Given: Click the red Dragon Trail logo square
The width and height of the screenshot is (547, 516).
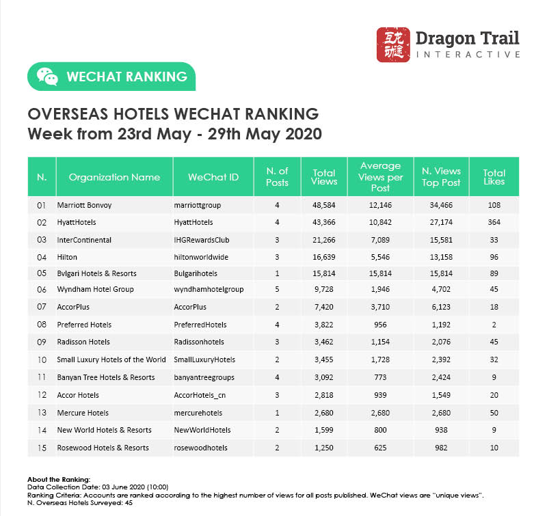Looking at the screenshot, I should (x=393, y=44).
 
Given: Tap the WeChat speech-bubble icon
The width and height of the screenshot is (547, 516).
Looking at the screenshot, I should (x=47, y=77).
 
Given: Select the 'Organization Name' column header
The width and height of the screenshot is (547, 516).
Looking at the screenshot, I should (x=114, y=177).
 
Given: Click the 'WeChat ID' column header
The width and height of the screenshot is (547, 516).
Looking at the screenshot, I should (x=213, y=177).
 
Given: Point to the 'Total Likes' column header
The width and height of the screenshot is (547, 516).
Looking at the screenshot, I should (x=494, y=177).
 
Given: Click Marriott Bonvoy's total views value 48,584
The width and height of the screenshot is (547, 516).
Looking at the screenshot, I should (x=324, y=205).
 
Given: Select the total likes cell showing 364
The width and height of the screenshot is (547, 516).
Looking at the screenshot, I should (x=494, y=222).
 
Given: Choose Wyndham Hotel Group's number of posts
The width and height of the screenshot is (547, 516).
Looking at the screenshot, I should (x=277, y=289).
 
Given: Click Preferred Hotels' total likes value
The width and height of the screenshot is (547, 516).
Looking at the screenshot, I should (x=494, y=325).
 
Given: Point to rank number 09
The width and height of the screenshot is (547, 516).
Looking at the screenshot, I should (x=41, y=342).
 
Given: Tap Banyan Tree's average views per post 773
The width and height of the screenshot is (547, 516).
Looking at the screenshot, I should (x=380, y=377).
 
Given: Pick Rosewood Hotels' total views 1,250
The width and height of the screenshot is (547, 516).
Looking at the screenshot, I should (x=324, y=448).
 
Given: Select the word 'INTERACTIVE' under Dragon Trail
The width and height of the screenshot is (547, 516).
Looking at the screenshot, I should (x=468, y=54).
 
